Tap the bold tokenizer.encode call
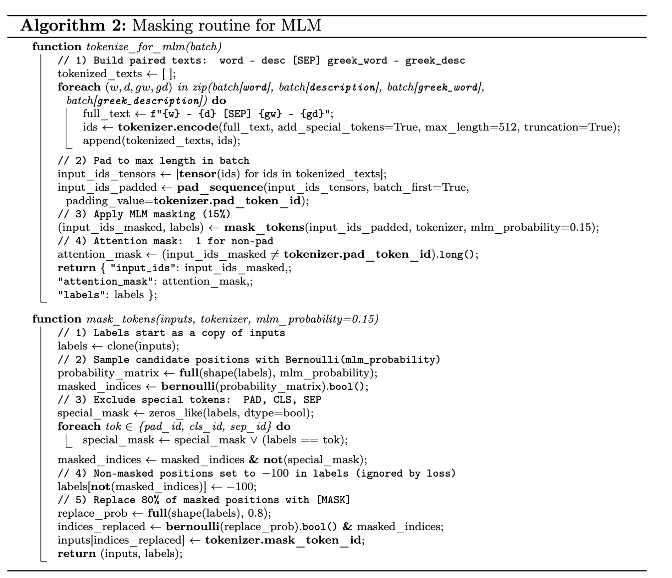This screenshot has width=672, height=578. coord(167,127)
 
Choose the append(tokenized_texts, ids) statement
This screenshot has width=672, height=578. coord(161,140)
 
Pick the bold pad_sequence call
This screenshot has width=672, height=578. coord(220,187)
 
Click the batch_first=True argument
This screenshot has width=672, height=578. coord(421,187)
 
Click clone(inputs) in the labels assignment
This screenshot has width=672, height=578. coord(143,346)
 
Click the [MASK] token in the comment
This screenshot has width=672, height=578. coord(333,500)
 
